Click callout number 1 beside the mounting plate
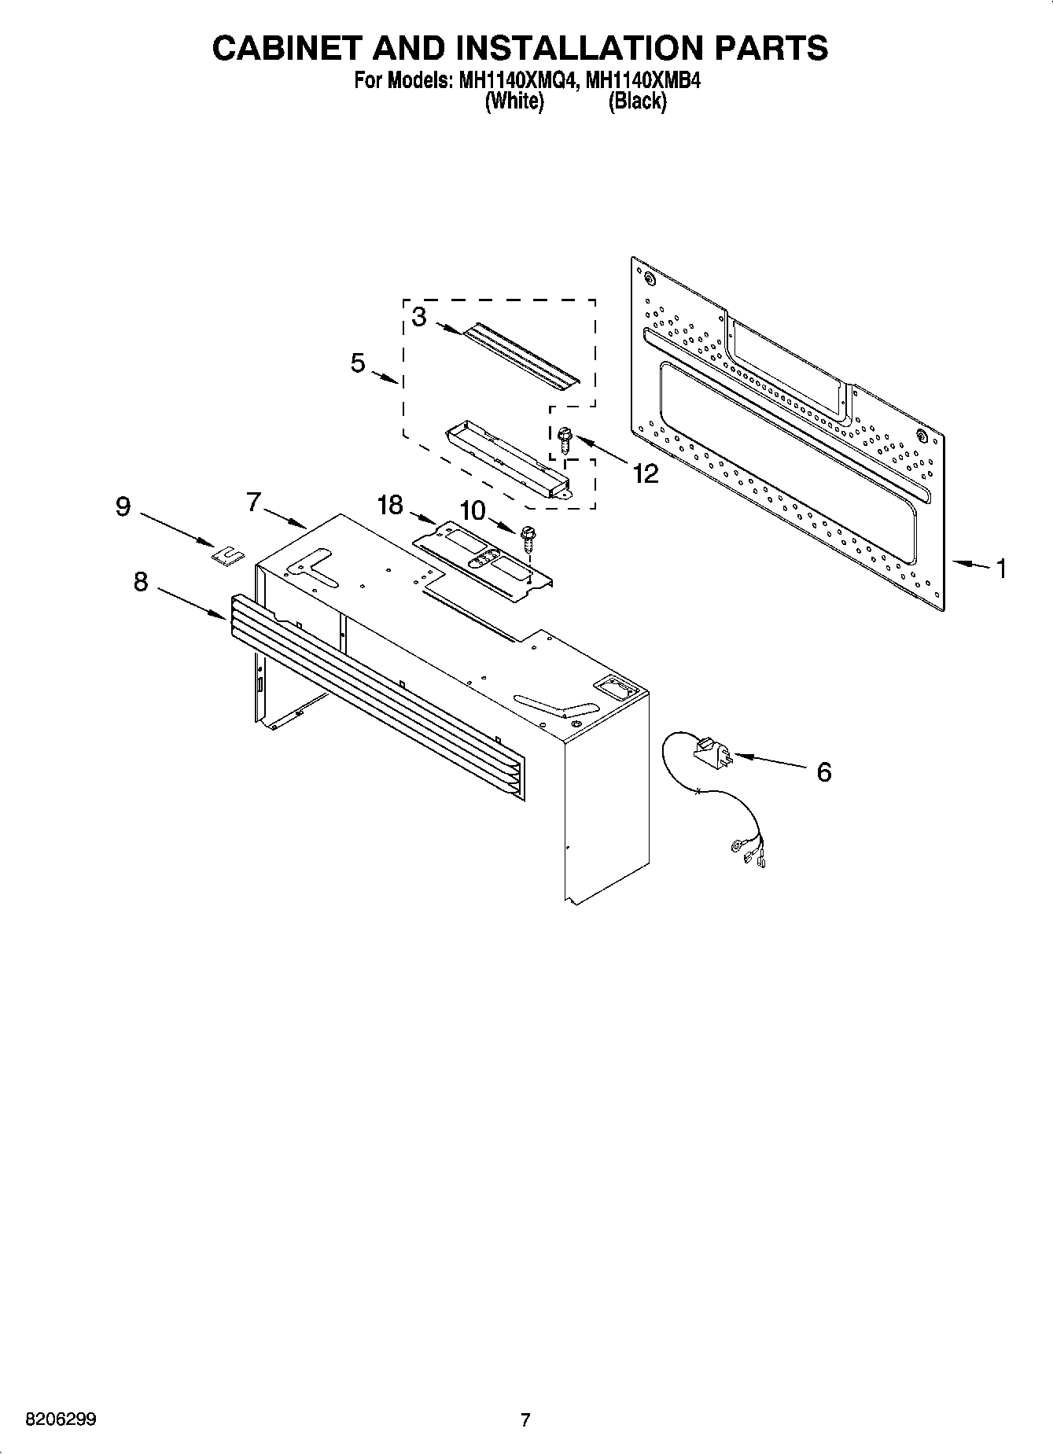pyautogui.click(x=1001, y=569)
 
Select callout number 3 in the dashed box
pyautogui.click(x=419, y=317)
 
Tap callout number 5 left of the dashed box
pyautogui.click(x=359, y=363)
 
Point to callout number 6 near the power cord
pyautogui.click(x=823, y=772)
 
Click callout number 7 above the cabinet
pyautogui.click(x=253, y=502)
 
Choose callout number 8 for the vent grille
pyautogui.click(x=141, y=583)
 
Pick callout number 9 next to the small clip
pyautogui.click(x=123, y=507)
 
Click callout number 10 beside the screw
pyautogui.click(x=473, y=511)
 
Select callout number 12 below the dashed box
pyautogui.click(x=646, y=473)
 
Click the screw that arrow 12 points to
pyautogui.click(x=564, y=440)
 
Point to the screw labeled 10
pyautogui.click(x=527, y=540)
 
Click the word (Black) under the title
pyautogui.click(x=637, y=101)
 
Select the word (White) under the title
pyautogui.click(x=514, y=101)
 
